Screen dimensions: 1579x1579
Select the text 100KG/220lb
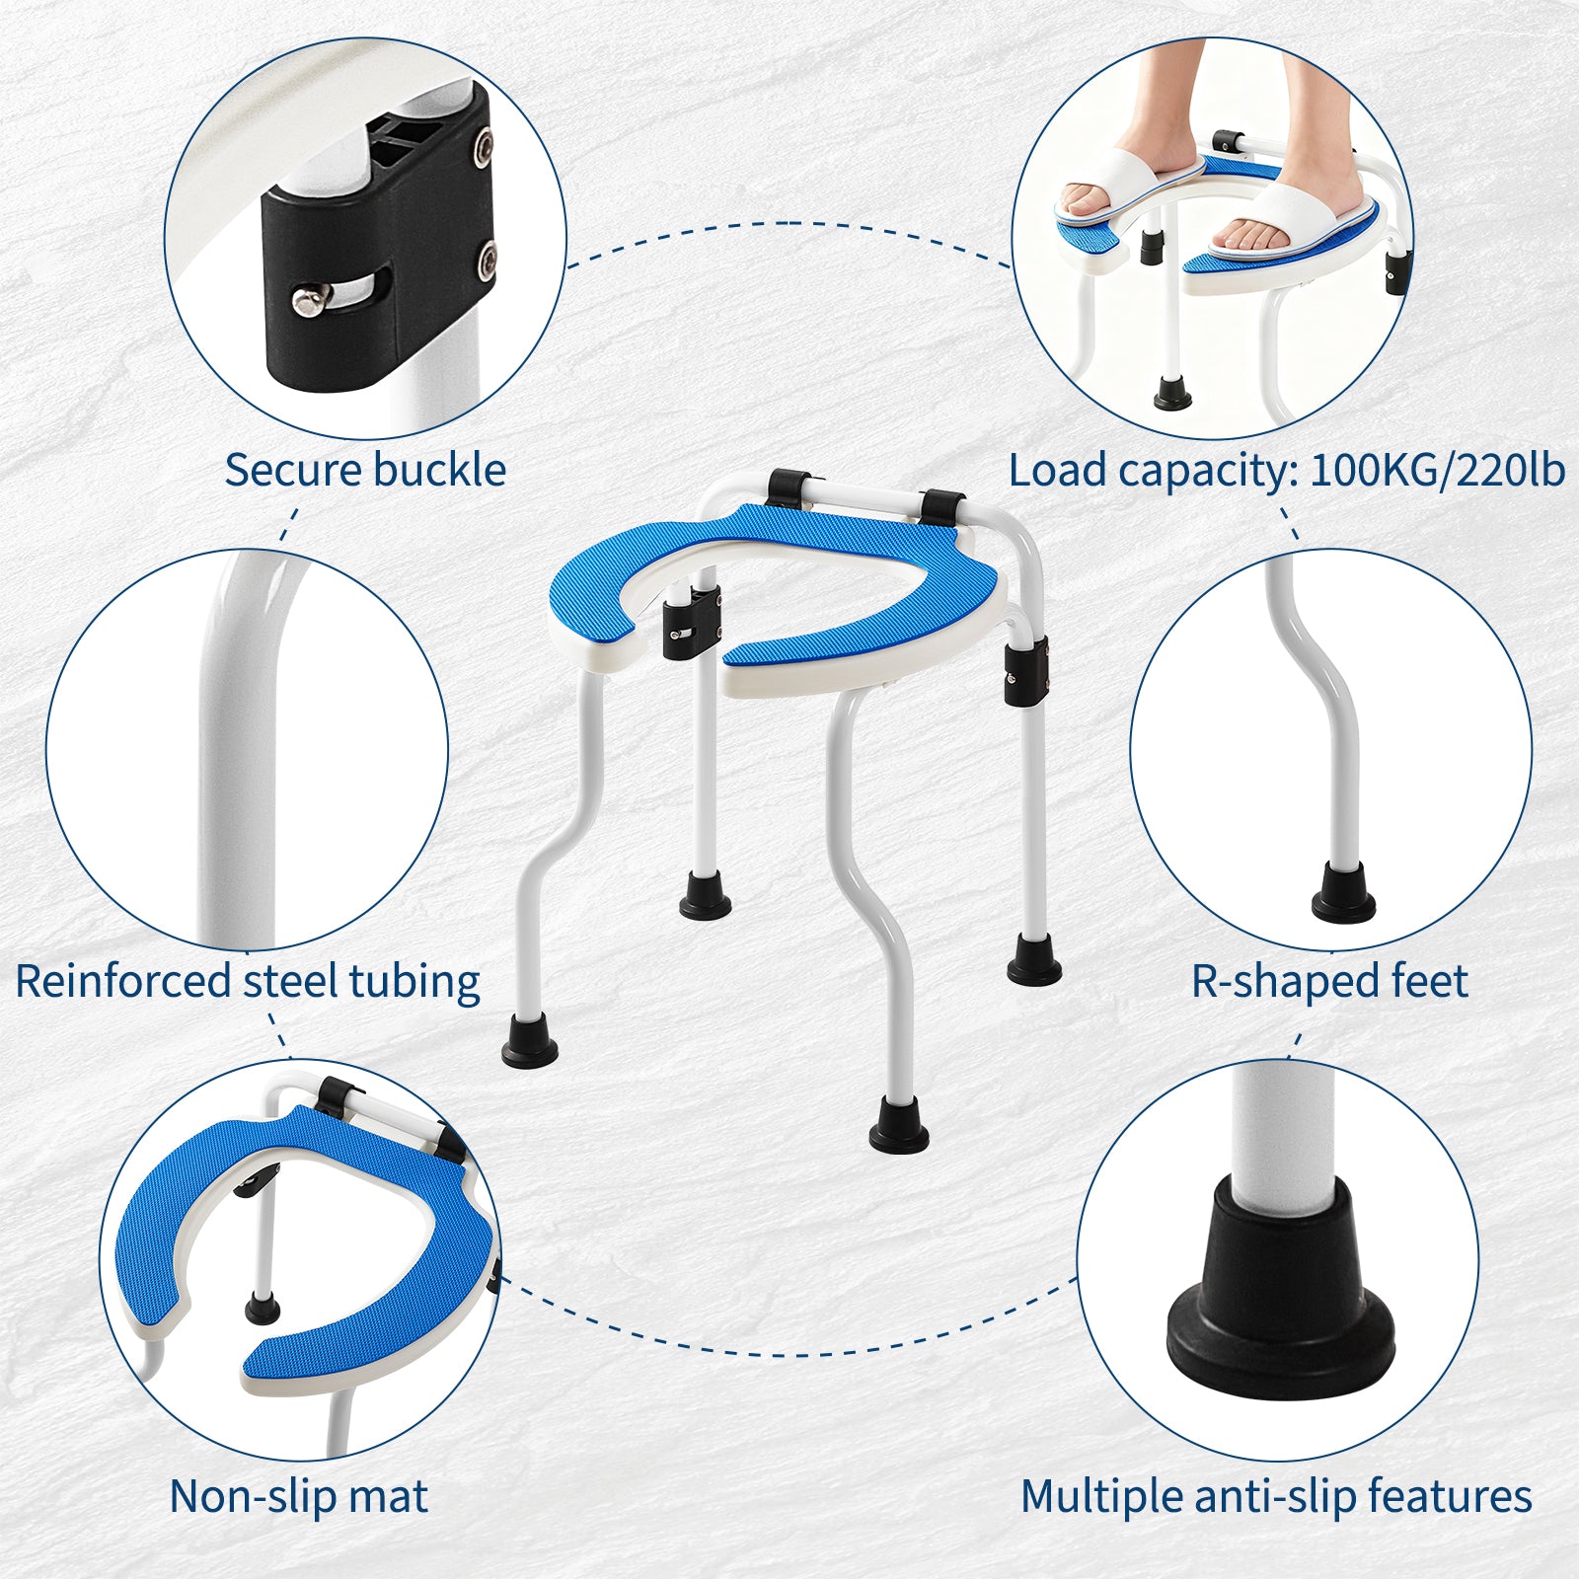[x=1437, y=471]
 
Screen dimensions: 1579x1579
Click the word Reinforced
[x=123, y=981]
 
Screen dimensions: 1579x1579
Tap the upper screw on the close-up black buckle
[x=483, y=146]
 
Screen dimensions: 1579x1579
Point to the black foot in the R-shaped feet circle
[x=1343, y=892]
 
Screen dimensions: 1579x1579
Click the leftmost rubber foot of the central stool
[x=530, y=1038]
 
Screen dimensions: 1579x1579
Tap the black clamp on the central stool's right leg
[x=1026, y=671]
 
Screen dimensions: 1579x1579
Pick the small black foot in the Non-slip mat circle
[x=262, y=1310]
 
